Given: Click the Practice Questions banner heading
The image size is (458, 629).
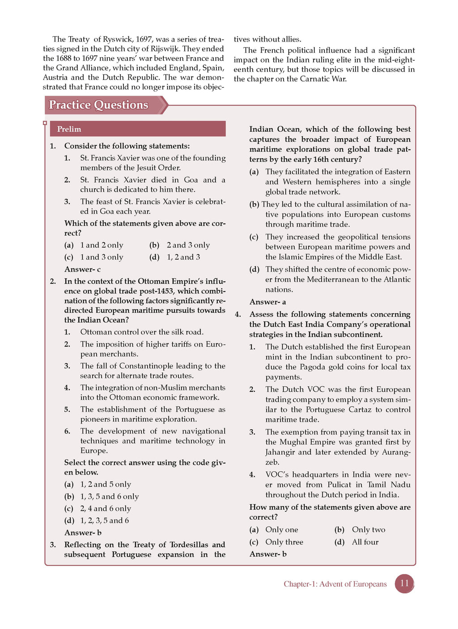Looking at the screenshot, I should (98, 105).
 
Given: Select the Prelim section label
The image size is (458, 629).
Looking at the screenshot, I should (69, 129).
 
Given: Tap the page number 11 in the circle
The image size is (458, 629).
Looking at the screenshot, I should (404, 583).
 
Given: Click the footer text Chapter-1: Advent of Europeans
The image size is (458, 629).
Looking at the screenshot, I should (335, 584).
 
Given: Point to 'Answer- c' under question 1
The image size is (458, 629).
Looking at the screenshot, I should (82, 269).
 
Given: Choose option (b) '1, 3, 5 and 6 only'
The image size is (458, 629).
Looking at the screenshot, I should (110, 496).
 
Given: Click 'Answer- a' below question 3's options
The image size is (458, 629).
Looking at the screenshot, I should (267, 302).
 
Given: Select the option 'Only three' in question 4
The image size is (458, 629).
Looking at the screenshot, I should (284, 542).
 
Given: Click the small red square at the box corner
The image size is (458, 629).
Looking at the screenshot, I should (45, 123).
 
